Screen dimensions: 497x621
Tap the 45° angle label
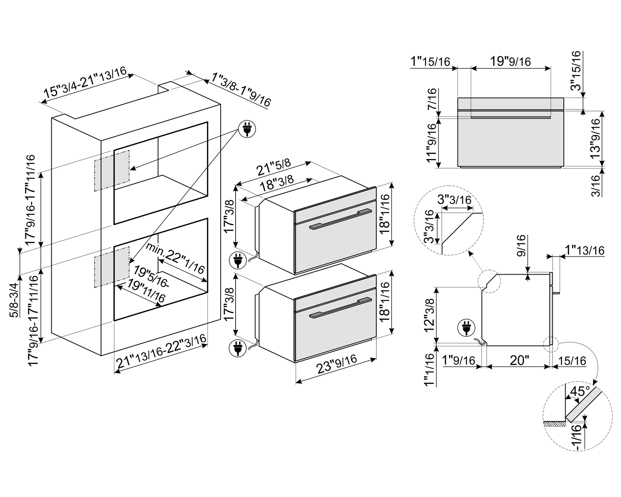point(579,391)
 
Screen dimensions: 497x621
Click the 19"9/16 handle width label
point(510,61)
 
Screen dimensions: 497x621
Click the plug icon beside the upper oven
point(238,261)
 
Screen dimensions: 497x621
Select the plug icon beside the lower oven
point(238,347)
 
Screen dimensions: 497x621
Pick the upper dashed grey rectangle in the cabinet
point(112,171)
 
